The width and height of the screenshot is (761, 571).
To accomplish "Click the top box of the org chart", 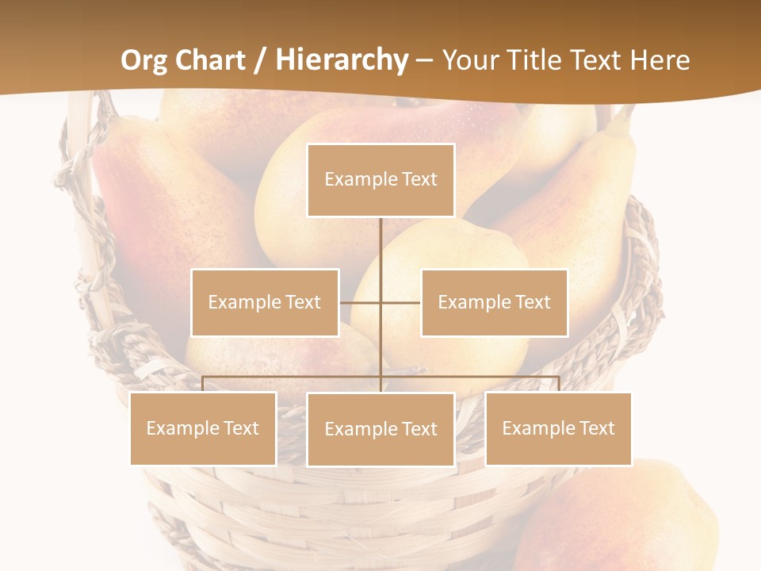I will (380, 180).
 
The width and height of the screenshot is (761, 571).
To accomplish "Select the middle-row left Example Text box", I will (265, 302).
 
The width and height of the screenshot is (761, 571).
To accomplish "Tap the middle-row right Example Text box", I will (494, 302).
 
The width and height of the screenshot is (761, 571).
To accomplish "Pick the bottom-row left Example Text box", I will (203, 428).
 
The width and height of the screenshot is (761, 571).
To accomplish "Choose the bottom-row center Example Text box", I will (380, 429).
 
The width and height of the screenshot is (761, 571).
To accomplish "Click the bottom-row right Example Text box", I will (558, 428).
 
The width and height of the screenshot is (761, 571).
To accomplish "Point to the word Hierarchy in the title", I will (342, 60).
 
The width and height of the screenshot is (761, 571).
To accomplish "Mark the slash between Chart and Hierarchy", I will (261, 60).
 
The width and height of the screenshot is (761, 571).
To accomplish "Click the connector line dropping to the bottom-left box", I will (203, 384).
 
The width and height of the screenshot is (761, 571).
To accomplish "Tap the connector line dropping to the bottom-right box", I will (558, 384).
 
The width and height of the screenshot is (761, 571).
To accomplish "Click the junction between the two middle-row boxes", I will (380, 302).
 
